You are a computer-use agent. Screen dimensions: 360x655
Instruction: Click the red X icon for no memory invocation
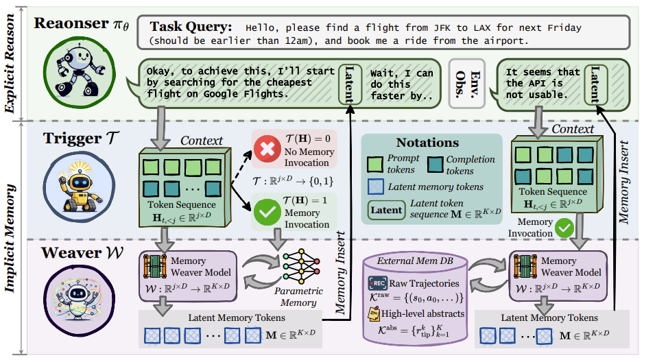264,148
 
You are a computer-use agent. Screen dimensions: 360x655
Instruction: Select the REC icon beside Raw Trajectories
378,283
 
